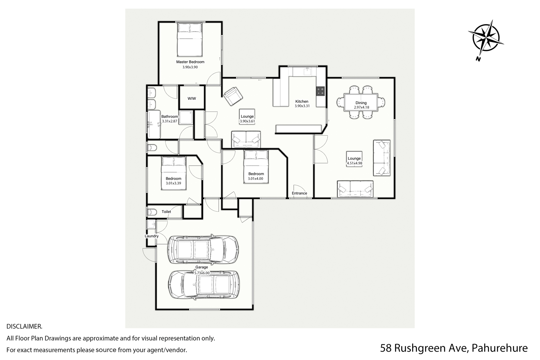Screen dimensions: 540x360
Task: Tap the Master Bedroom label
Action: click(190, 62)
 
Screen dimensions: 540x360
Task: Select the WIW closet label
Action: click(192, 98)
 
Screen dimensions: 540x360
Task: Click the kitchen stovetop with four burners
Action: click(320, 91)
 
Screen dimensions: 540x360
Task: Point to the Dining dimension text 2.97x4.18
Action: click(361, 107)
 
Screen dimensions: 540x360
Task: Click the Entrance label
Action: click(299, 193)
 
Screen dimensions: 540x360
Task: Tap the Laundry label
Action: click(152, 236)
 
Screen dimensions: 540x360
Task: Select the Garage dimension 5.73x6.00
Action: click(202, 273)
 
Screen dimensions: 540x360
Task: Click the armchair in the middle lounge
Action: click(233, 96)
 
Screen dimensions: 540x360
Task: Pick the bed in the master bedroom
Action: click(190, 40)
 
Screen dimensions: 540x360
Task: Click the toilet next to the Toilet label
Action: click(152, 212)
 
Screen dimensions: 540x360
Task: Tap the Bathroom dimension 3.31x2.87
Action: click(170, 121)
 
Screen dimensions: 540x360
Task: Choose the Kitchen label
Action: click(302, 102)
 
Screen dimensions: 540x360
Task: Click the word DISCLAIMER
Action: click(24, 327)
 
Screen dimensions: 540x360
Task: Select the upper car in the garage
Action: click(203, 249)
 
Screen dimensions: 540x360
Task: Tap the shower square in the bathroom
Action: click(186, 118)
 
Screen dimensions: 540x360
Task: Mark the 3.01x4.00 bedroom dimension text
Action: click(255, 179)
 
